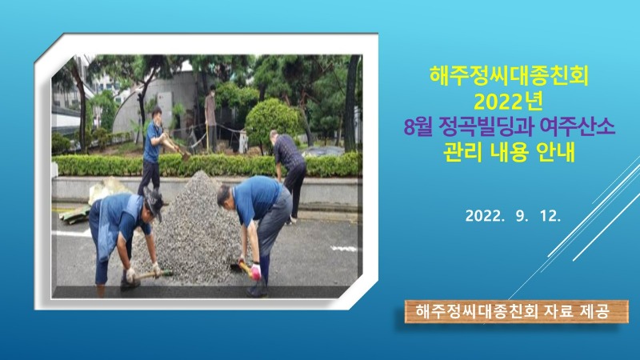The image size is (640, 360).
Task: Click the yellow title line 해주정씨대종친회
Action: coord(509,75)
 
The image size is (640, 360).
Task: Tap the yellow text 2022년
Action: coord(508,102)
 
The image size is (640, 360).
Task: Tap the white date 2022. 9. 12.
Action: coord(513,216)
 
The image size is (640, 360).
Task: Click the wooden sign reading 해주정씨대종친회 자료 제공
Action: coord(516,311)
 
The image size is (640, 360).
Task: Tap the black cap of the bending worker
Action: coord(154,201)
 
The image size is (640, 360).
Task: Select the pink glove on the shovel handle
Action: coord(255,272)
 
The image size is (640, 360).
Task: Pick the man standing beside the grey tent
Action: coord(210,118)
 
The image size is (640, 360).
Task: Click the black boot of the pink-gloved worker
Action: coord(258,289)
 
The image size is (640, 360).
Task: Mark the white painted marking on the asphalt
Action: coord(343,248)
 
